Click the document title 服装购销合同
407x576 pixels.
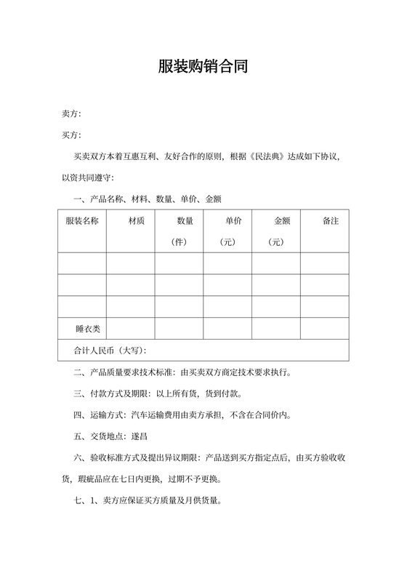pos(203,67)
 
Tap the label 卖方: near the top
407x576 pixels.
pos(72,114)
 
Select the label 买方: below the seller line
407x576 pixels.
pos(72,135)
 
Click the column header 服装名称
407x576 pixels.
pos(82,221)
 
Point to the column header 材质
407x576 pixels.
pos(137,221)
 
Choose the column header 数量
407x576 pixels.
pos(185,221)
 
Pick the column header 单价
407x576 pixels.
pos(233,221)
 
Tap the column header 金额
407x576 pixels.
pos(282,221)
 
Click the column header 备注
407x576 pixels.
pos(330,221)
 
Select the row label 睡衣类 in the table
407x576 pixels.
pos(87,329)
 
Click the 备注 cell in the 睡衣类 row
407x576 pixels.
pos(325,329)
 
